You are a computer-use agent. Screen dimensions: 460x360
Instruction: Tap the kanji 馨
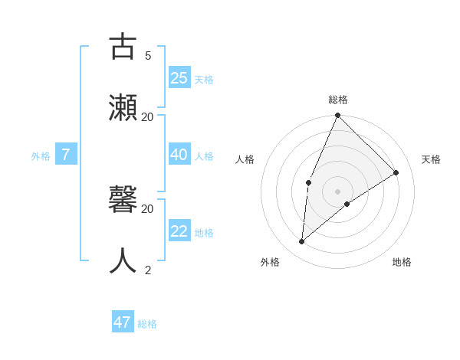point(123,199)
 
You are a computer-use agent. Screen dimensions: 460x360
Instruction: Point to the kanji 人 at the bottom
point(123,260)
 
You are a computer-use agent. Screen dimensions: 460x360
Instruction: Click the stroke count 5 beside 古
point(148,55)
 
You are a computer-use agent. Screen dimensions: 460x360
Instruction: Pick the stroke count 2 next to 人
point(148,270)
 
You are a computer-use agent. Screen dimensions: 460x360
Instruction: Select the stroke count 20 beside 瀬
point(148,116)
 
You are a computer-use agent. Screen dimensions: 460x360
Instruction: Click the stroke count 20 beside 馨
point(148,208)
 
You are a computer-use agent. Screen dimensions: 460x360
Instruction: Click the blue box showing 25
point(179,77)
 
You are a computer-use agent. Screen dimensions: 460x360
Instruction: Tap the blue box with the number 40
point(179,155)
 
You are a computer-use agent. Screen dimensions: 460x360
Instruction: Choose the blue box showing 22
point(179,231)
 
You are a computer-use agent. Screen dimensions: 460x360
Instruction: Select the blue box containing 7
point(66,155)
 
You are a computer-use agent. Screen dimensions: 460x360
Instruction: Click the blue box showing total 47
point(123,322)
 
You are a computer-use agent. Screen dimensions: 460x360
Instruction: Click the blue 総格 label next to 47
point(147,324)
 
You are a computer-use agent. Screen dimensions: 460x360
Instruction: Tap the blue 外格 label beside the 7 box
point(41,156)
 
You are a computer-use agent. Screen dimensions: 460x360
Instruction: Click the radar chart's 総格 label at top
point(338,100)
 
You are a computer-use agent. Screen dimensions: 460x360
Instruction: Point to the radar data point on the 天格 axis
point(396,172)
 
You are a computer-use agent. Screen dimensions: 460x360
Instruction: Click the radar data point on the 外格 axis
point(302,241)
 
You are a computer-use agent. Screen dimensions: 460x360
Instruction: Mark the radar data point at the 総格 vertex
point(338,116)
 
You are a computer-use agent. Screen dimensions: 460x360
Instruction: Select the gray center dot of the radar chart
point(338,191)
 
